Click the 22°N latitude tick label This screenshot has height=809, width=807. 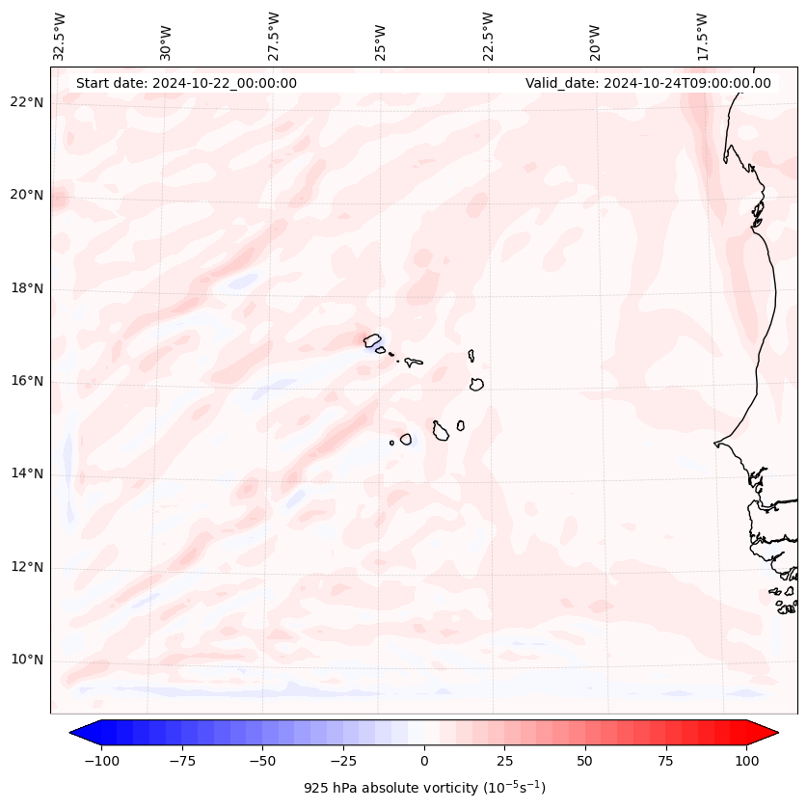[x=27, y=102]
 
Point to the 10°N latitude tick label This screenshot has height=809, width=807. [x=27, y=661]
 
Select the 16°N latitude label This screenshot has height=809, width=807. [x=27, y=381]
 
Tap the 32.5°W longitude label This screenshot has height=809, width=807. [x=60, y=37]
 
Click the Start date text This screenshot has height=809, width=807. [x=186, y=83]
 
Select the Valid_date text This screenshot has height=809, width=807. [x=648, y=83]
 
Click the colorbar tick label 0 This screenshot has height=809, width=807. [x=424, y=761]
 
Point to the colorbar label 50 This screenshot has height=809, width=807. [x=585, y=761]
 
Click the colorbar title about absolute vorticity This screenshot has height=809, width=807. [x=424, y=788]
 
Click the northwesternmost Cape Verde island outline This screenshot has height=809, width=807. [x=371, y=339]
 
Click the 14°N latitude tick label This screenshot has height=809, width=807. [x=27, y=473]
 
